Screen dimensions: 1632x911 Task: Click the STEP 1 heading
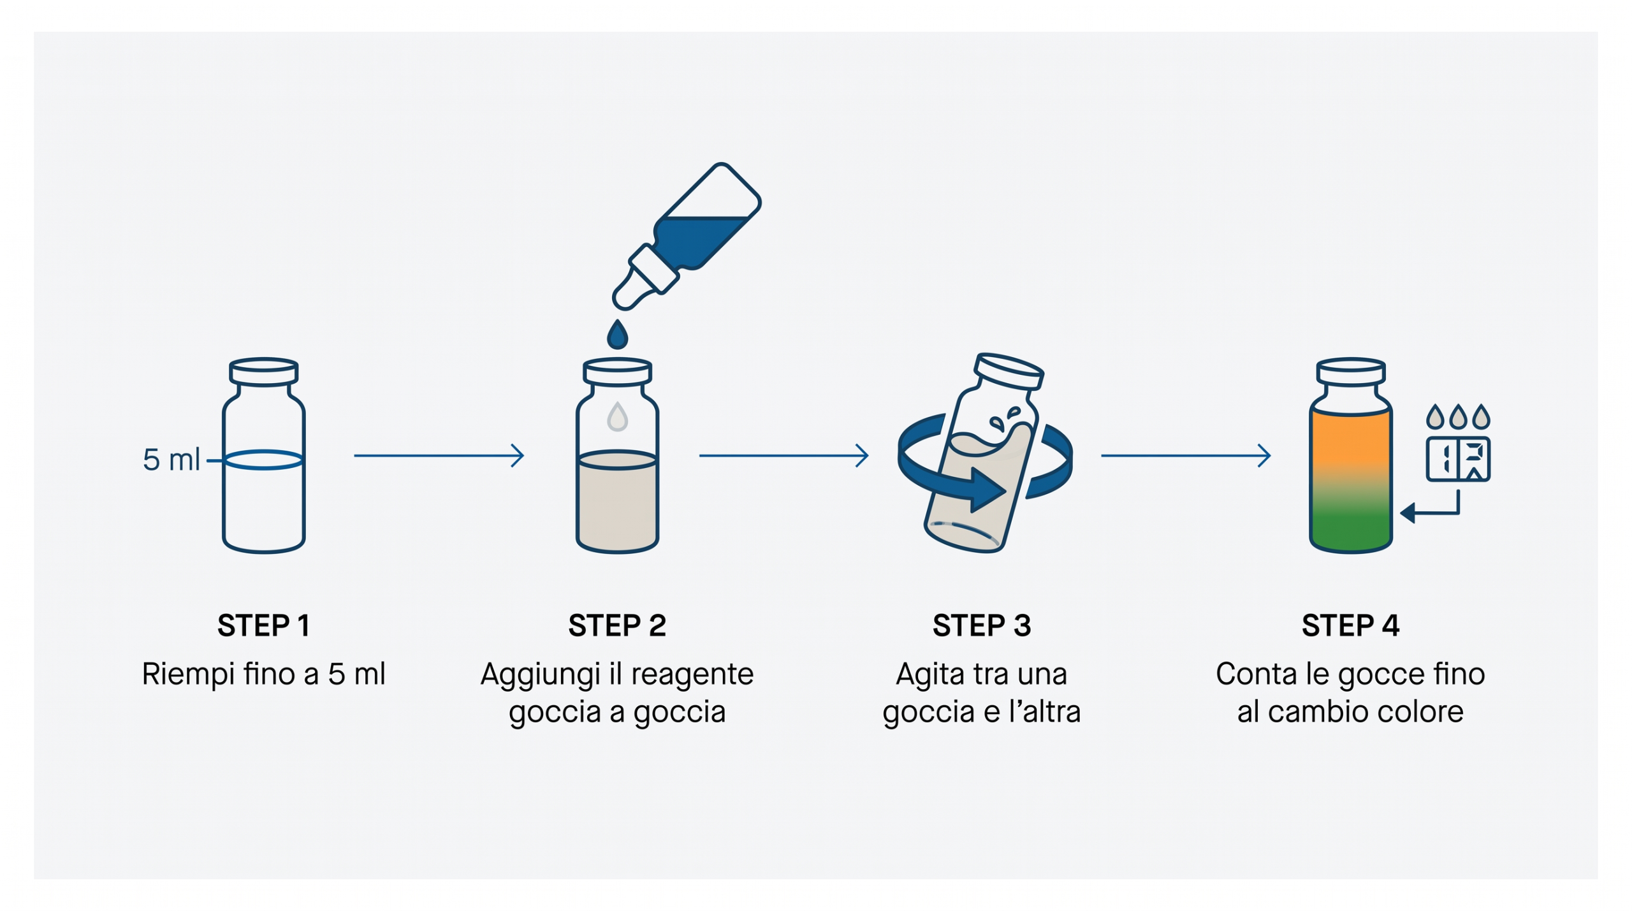tap(263, 625)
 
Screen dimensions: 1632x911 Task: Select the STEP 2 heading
tap(617, 625)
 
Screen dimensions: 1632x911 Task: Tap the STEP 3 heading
tap(982, 625)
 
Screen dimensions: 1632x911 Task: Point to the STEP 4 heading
tap(1350, 625)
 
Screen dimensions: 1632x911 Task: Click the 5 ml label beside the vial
tap(171, 460)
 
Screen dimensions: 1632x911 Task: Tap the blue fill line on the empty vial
tap(263, 460)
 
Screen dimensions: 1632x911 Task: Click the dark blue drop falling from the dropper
tap(617, 334)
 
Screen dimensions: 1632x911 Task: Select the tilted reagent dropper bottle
tap(687, 236)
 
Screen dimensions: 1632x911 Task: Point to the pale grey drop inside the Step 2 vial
tap(617, 416)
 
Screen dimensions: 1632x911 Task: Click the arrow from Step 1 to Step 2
tap(439, 455)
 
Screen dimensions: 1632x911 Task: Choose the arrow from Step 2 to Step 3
tap(784, 455)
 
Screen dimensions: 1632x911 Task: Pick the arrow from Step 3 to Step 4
tap(1186, 455)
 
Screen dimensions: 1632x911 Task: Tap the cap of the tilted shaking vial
tap(1009, 370)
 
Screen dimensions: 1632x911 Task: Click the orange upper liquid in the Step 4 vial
tap(1350, 440)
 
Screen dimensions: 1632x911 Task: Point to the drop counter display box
tap(1457, 459)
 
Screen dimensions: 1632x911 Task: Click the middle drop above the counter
tap(1457, 417)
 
